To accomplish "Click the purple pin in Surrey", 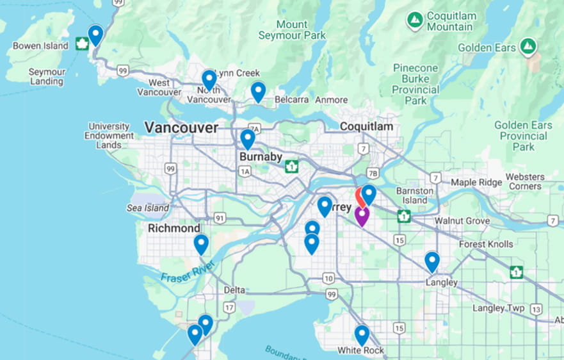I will pos(362,215).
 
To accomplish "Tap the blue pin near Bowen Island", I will pos(95,34).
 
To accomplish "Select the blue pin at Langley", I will pos(432,261).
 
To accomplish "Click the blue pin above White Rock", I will pos(362,334).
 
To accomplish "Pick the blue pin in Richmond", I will pos(201,243).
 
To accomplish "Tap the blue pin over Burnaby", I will pos(248,138).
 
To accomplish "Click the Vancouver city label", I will pos(181,127).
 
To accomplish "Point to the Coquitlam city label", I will pos(366,127).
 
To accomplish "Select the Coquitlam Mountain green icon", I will pos(415,20).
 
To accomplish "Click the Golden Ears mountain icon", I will pos(528,46).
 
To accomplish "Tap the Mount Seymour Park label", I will pos(292,30).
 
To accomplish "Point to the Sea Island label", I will pos(148,208).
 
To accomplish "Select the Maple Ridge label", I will pos(477,183).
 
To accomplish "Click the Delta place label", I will pos(234,290).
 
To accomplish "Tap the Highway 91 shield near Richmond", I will pos(220,218).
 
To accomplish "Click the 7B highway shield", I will pos(373,174).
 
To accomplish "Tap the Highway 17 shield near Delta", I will pos(229,307).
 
